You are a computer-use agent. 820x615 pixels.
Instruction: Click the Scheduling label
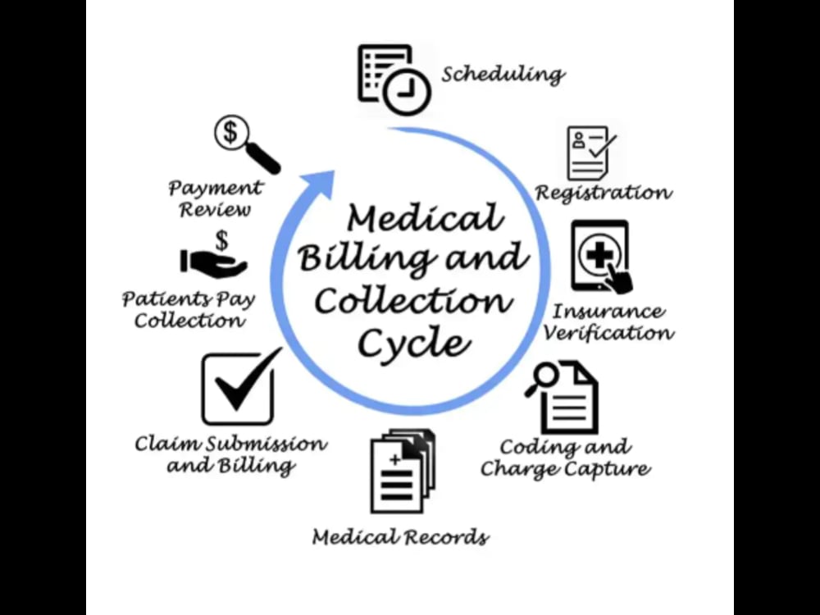(503, 75)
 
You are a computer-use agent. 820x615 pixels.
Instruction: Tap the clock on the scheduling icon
(407, 91)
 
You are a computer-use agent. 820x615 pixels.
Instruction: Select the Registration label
(604, 194)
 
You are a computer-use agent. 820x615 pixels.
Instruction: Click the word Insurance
(608, 311)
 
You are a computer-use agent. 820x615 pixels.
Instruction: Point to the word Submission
(266, 444)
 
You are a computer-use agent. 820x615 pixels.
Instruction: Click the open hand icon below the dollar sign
(213, 262)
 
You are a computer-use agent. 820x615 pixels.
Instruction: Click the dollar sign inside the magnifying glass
(230, 132)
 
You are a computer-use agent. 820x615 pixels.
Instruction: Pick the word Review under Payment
(216, 210)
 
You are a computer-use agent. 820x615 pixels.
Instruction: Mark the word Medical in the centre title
(425, 217)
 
